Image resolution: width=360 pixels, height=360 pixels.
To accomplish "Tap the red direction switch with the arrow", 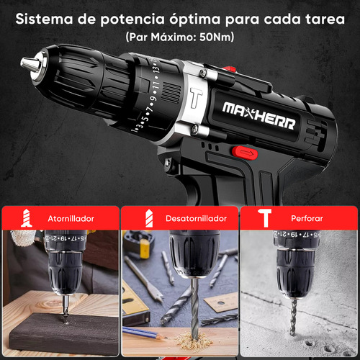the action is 245,153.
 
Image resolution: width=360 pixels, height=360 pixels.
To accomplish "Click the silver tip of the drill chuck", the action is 29,63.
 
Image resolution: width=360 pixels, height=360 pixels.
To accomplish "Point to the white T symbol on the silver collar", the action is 196,97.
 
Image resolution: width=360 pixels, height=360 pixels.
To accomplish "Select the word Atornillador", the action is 71,219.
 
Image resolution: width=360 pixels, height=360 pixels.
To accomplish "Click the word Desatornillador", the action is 196,218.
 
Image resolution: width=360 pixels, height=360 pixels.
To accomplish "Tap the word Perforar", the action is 307,218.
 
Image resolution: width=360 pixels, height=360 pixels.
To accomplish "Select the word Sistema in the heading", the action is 44,19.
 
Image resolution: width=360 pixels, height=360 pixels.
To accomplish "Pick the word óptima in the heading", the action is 194,19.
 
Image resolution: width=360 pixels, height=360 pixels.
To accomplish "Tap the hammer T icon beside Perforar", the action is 265,217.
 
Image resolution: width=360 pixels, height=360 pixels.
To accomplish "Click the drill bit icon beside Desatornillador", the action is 149,218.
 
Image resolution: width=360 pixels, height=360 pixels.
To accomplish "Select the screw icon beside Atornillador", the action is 27,218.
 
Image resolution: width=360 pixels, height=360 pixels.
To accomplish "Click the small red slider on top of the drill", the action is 229,69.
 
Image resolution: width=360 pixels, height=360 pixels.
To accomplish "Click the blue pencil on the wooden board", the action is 142,333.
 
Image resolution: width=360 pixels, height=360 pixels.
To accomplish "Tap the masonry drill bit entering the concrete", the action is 293,317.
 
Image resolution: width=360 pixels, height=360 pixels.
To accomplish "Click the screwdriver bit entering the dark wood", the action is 65,310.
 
